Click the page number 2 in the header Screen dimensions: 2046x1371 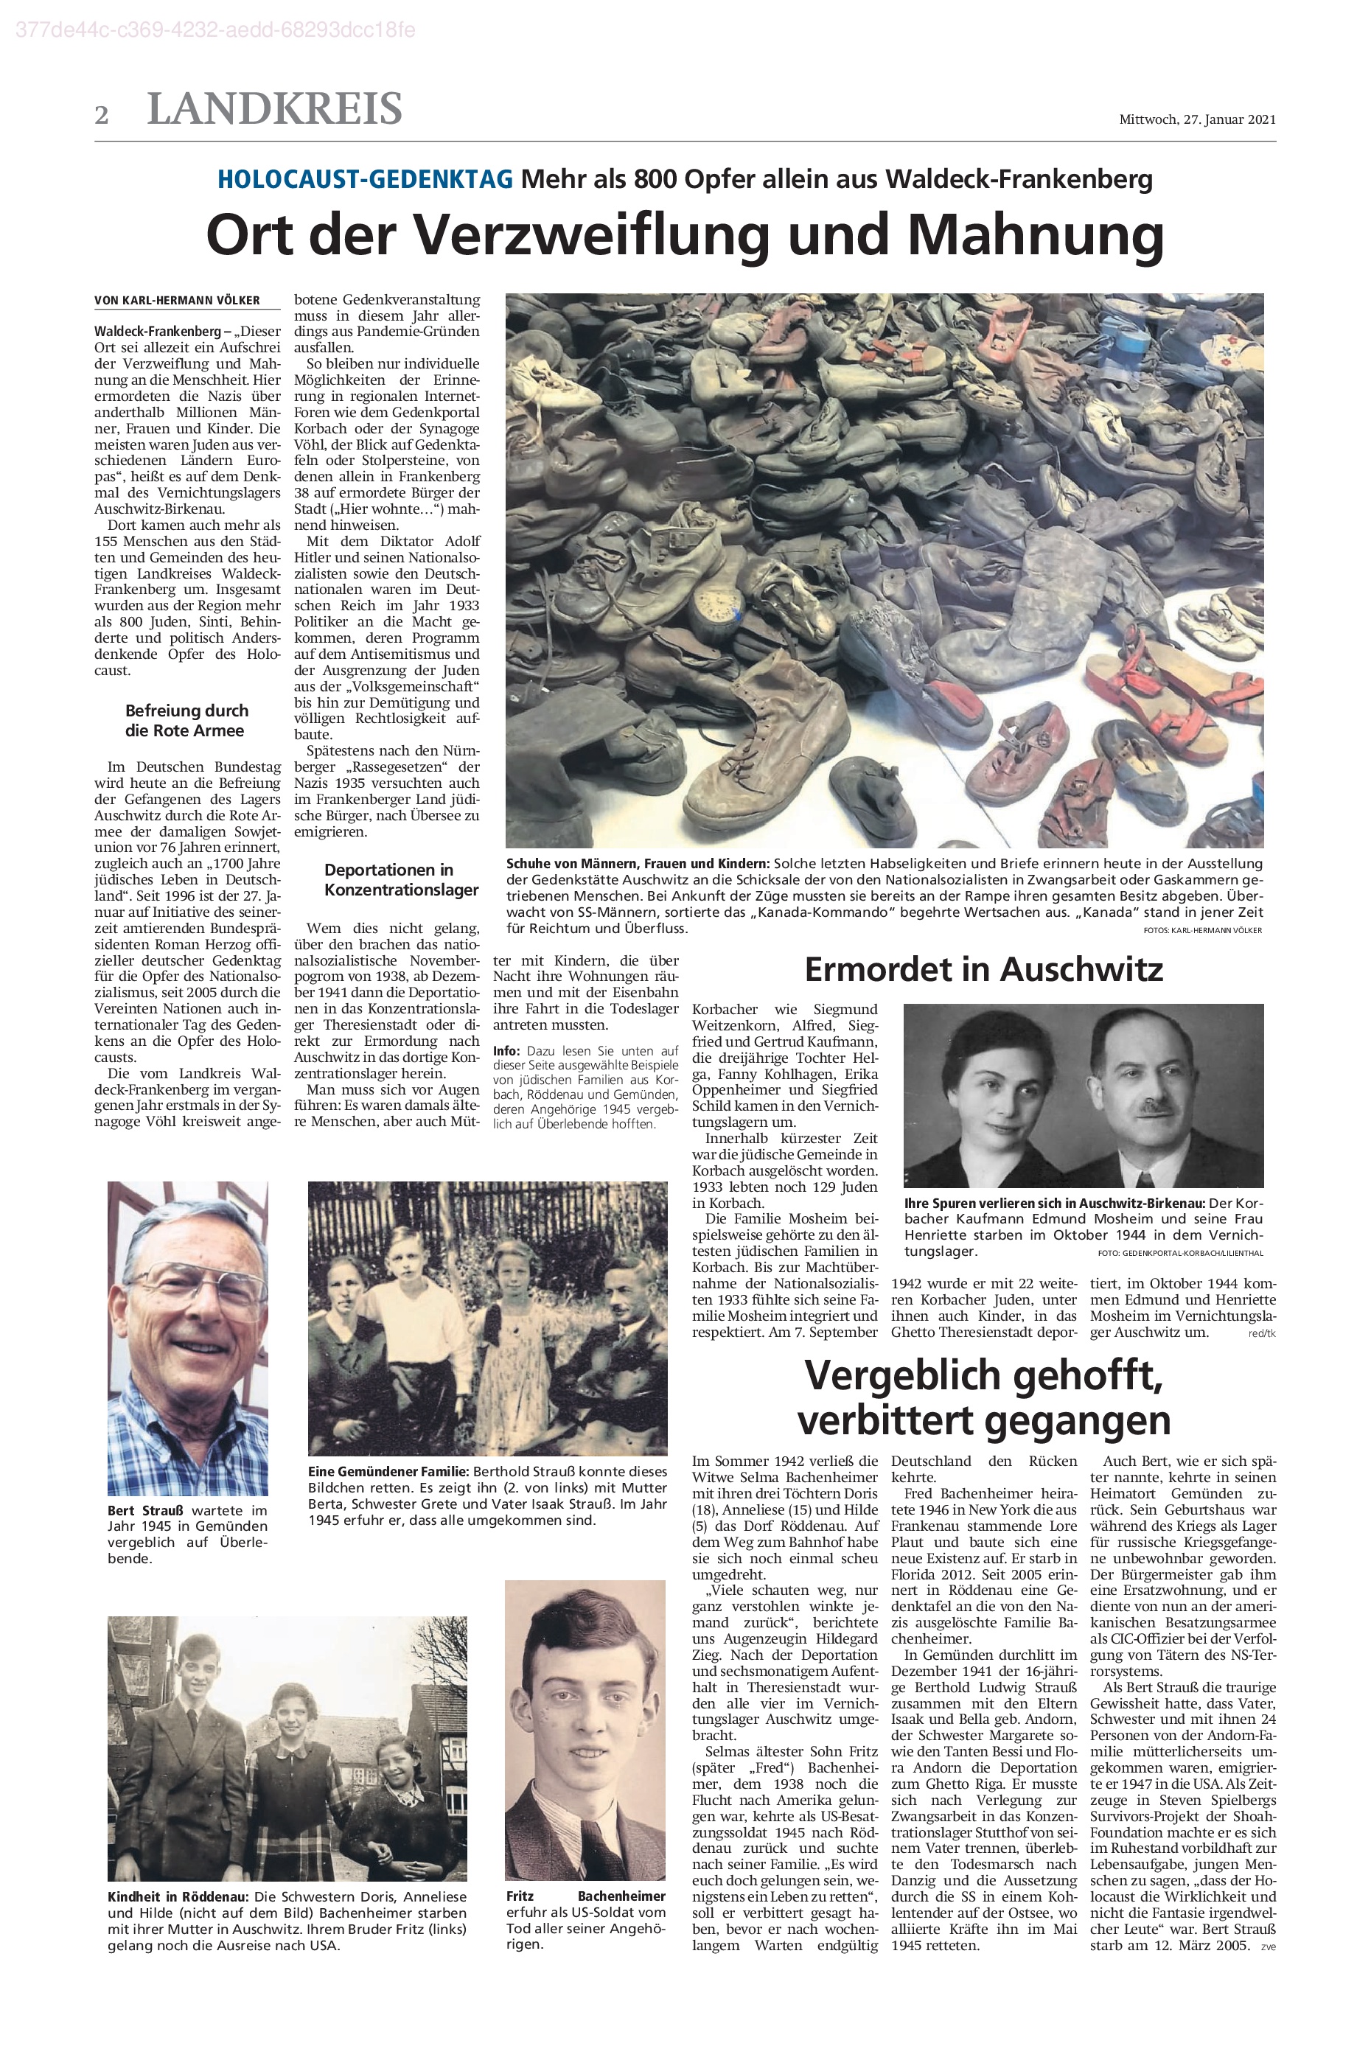(102, 114)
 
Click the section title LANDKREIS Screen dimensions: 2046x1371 (274, 109)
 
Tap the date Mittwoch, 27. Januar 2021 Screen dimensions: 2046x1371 (1197, 120)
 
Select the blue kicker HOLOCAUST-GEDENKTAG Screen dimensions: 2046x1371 (365, 179)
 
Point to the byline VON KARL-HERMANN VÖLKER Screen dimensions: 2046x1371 (178, 301)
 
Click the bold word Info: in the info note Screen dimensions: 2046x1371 (506, 1051)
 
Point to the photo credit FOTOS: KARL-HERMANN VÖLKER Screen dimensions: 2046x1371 (1202, 930)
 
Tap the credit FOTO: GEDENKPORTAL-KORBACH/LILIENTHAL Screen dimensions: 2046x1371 (1180, 1253)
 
